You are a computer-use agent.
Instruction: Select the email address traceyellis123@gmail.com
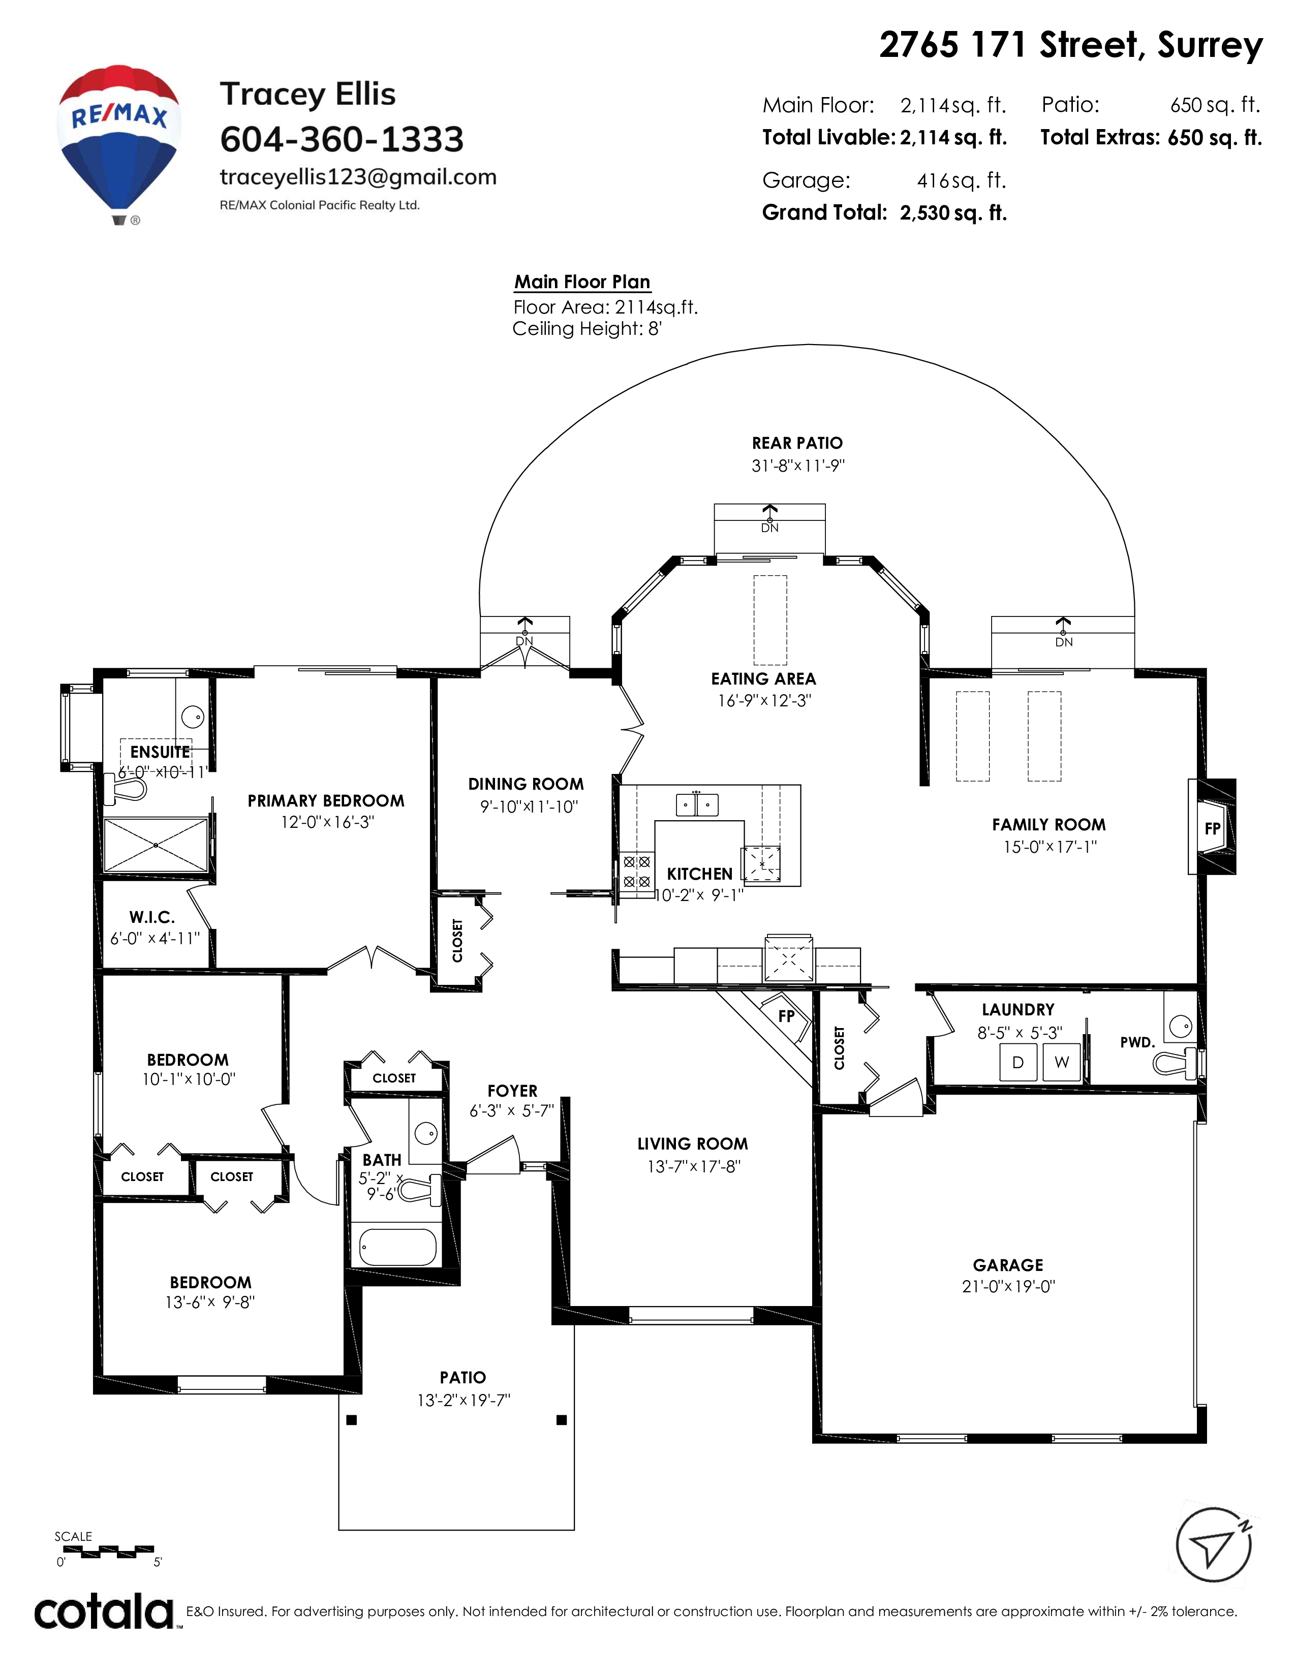coord(358,177)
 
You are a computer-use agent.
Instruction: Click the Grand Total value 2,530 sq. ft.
coord(953,213)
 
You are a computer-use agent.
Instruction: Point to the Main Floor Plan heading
coord(582,282)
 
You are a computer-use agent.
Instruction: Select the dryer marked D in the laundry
coord(1018,1062)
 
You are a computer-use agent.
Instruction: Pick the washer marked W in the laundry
coord(1062,1062)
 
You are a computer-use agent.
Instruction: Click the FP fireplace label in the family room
coord(1212,828)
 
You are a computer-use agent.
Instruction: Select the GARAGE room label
coord(1008,1265)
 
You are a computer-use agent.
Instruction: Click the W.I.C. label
coord(152,917)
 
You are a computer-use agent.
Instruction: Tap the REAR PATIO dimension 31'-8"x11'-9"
coord(798,465)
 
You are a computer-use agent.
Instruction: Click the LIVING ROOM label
coord(693,1143)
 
